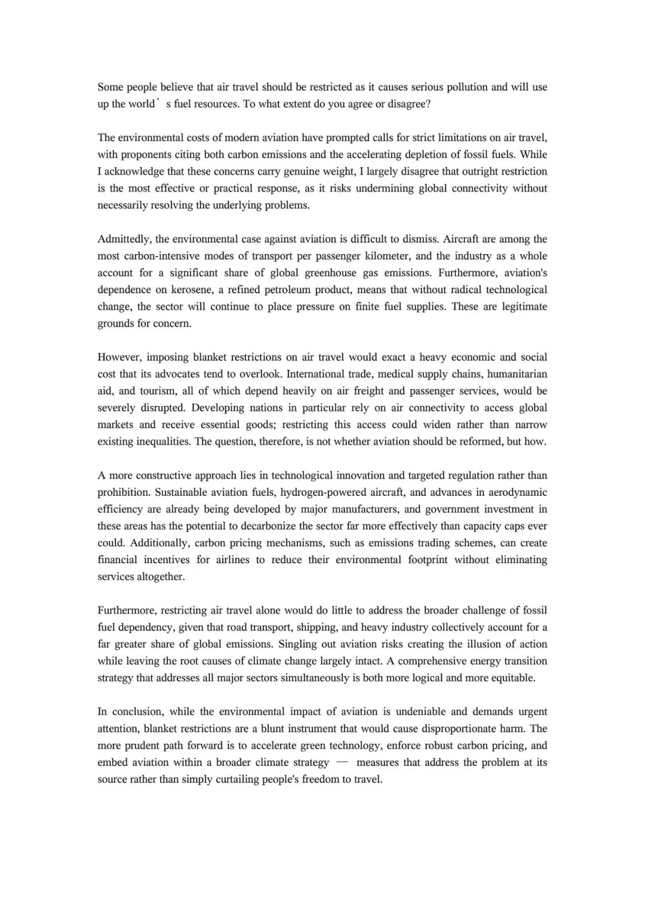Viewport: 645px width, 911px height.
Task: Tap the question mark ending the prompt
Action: (x=428, y=104)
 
